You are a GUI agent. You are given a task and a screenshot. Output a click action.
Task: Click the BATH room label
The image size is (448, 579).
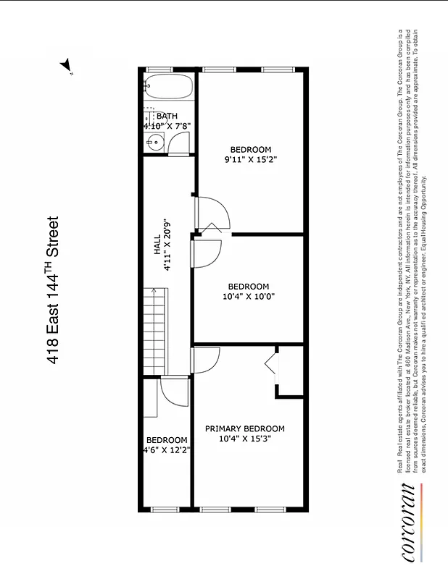167,116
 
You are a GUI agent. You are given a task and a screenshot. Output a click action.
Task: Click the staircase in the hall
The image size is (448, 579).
154,330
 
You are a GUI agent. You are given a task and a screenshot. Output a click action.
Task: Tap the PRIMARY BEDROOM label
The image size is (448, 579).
244,428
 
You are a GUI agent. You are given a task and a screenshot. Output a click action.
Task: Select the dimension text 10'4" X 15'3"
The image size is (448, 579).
244,439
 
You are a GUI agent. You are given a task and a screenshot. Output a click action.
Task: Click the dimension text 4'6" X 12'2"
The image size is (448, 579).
166,450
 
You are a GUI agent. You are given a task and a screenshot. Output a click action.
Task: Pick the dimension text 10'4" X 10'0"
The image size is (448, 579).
248,296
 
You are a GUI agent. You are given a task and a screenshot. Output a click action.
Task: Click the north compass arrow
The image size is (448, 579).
67,66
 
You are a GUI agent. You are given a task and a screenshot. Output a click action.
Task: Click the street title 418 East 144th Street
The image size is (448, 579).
53,289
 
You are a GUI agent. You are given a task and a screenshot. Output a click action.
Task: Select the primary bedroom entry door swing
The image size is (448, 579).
206,359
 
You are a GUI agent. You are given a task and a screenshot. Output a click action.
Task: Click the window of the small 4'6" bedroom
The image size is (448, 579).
166,509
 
